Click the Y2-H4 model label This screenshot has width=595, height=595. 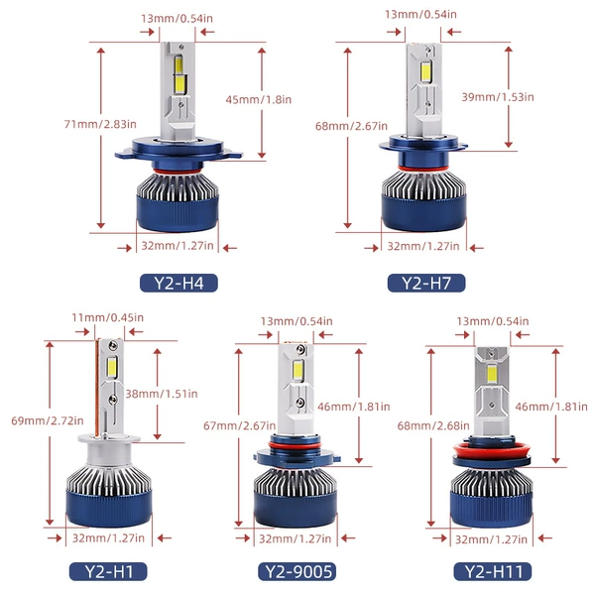tap(178, 283)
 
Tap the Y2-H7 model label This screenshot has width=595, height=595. tap(426, 283)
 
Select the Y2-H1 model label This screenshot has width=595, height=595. tap(108, 571)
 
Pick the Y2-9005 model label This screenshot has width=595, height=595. tap(297, 571)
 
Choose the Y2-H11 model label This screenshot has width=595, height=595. tap(493, 571)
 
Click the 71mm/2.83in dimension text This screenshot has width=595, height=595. tap(100, 124)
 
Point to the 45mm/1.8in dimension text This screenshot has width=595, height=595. tap(259, 100)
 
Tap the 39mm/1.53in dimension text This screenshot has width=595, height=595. tap(498, 97)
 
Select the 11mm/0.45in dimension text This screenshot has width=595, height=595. tap(108, 317)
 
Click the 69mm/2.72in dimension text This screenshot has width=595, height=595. tap(48, 420)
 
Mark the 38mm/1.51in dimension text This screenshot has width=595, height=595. tap(162, 394)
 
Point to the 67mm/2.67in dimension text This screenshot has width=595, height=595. tap(239, 425)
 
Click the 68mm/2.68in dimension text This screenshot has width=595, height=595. tap(433, 425)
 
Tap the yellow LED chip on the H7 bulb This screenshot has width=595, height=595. tap(425, 72)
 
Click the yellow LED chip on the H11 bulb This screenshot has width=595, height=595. tap(492, 374)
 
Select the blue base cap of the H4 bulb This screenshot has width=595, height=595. tap(178, 214)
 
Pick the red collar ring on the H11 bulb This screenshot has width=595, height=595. tap(492, 451)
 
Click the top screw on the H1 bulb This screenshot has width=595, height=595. tap(113, 345)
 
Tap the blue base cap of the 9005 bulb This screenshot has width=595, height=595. tap(296, 509)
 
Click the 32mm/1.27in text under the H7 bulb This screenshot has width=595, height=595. tap(423, 246)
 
